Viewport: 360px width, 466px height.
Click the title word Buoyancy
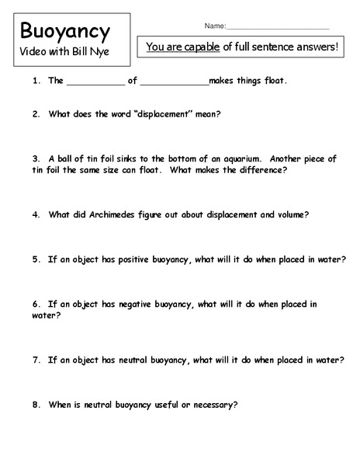click(65, 32)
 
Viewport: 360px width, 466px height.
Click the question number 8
click(36, 405)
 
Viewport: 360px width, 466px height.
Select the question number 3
click(36, 158)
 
